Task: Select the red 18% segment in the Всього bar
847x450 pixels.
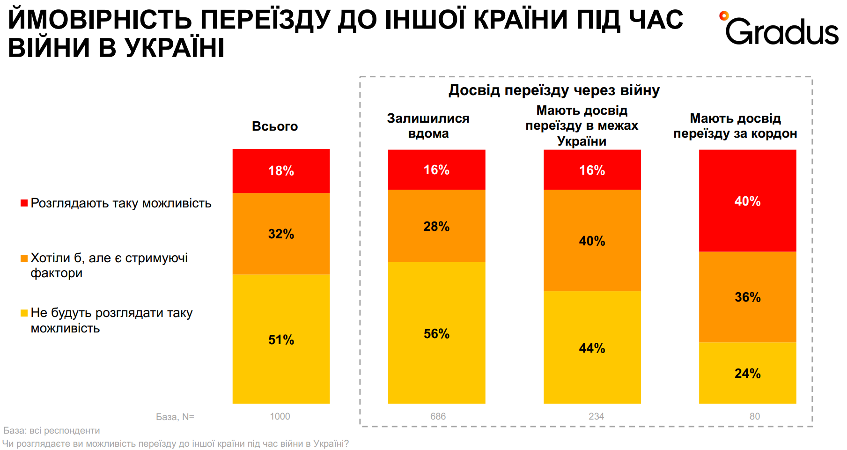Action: (281, 171)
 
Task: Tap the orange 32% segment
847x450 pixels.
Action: (281, 234)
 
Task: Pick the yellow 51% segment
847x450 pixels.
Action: (281, 339)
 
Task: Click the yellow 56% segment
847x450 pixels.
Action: (436, 333)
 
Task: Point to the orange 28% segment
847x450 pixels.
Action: (436, 226)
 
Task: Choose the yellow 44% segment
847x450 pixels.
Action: (592, 347)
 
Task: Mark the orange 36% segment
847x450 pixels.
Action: (747, 297)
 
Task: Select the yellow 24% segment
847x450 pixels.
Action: (747, 373)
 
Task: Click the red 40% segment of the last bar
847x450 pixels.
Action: (747, 201)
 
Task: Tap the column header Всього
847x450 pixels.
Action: (275, 126)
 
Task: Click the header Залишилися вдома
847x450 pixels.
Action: (428, 125)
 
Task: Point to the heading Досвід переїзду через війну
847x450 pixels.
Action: (554, 90)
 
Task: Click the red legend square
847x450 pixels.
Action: (24, 203)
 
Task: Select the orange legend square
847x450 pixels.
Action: (24, 258)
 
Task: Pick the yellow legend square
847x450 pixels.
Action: (24, 313)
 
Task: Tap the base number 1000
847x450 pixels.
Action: (280, 416)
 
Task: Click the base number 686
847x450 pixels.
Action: (438, 416)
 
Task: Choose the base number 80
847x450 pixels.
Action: (754, 416)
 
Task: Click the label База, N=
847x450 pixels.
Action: (175, 417)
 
